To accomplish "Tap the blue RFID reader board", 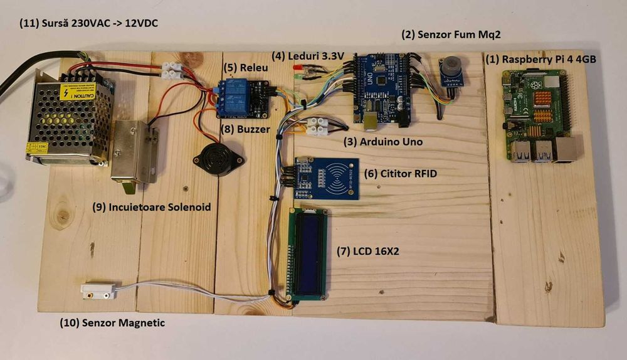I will point(326,177).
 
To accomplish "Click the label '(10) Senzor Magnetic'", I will point(112,323).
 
